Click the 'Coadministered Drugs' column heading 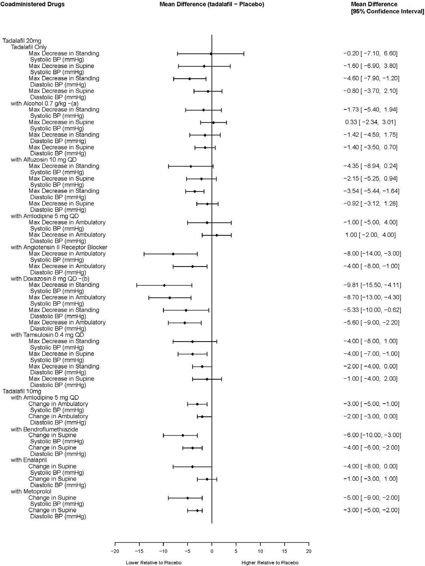coord(32,4)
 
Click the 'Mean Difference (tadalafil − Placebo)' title coord(212,4)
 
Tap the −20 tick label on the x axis coord(115,551)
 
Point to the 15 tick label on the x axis coord(285,551)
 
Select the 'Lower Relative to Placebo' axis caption coord(154,562)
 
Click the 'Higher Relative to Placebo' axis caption coord(270,562)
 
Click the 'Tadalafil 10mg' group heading coord(22,391)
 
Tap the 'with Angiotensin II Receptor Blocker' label coord(59,247)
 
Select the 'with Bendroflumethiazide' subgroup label coord(45,429)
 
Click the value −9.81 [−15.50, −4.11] coord(372,285)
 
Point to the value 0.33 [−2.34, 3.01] coord(371,122)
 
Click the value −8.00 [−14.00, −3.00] coord(372,254)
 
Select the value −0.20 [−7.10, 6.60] coord(371,53)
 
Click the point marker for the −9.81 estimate coord(165,285)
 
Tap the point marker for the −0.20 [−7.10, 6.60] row coord(211,54)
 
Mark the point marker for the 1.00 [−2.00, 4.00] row coord(217,235)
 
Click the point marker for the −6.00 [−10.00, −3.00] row coord(183,435)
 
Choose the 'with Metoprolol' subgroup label coord(31,491)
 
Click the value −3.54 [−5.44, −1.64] coord(371,191)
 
